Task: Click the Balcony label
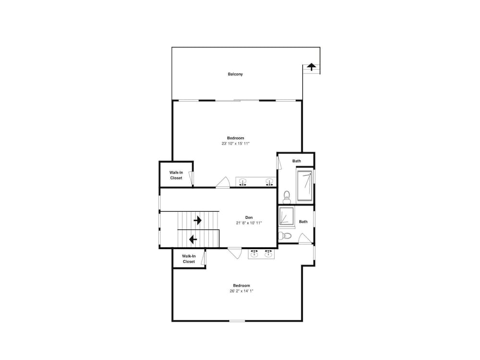click(x=235, y=74)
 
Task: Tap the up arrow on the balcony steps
click(x=312, y=67)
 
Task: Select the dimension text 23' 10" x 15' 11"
click(x=235, y=143)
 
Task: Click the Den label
click(x=249, y=217)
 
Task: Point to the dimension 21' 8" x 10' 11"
click(x=249, y=223)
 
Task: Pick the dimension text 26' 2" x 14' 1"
click(x=241, y=291)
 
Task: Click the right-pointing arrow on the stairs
click(x=197, y=220)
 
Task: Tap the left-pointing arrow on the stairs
click(x=193, y=239)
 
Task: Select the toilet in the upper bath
click(x=287, y=197)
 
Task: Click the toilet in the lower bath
click(x=285, y=236)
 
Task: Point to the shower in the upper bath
click(x=305, y=186)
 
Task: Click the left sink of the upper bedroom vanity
click(x=243, y=182)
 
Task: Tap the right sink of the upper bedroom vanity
click(x=269, y=182)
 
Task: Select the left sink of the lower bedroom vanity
click(x=254, y=253)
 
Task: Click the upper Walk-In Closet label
click(x=176, y=175)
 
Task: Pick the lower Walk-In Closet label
click(x=189, y=259)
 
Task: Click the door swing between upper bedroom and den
click(x=223, y=182)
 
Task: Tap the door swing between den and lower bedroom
click(x=235, y=253)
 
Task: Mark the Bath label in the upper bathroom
click(x=296, y=161)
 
